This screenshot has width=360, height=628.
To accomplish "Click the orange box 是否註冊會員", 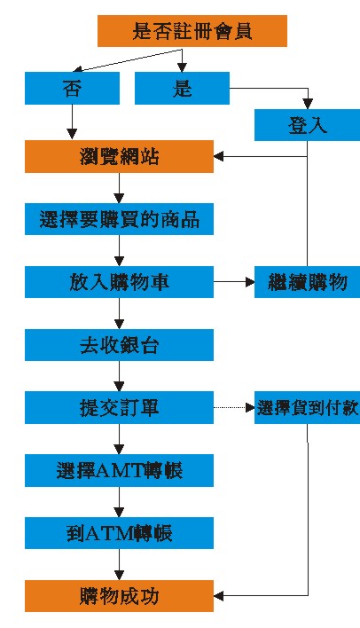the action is [x=192, y=31].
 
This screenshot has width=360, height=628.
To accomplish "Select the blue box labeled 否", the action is [x=72, y=88].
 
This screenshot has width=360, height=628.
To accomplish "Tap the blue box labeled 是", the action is [x=182, y=88].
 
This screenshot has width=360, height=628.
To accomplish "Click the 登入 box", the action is [x=307, y=125].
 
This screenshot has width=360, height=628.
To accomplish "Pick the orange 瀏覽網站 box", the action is [x=119, y=157].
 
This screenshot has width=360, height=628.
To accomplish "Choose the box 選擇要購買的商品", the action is [x=119, y=219].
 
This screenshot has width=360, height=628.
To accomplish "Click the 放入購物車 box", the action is [x=119, y=282].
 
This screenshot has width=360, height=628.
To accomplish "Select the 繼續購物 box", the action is [x=307, y=282].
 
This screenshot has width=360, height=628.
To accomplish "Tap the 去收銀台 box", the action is [x=119, y=345].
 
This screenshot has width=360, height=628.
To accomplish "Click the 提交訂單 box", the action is [x=119, y=408].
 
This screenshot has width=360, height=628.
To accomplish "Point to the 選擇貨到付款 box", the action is [x=307, y=408].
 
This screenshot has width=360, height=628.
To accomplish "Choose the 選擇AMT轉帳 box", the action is [x=119, y=471].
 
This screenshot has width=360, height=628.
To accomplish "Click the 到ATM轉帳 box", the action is [x=119, y=533].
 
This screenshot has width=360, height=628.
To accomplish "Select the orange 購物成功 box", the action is [x=119, y=596].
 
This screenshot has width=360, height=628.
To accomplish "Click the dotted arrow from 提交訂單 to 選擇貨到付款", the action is [x=234, y=408].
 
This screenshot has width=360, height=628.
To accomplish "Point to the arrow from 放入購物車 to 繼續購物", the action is [x=234, y=282].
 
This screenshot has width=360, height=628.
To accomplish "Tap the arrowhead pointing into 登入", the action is [x=307, y=104].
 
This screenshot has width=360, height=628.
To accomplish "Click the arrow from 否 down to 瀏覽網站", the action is [x=72, y=122].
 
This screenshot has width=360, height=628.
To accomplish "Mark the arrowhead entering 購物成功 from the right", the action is [x=219, y=596].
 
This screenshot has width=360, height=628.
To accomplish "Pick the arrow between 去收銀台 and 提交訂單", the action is [x=119, y=376].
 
